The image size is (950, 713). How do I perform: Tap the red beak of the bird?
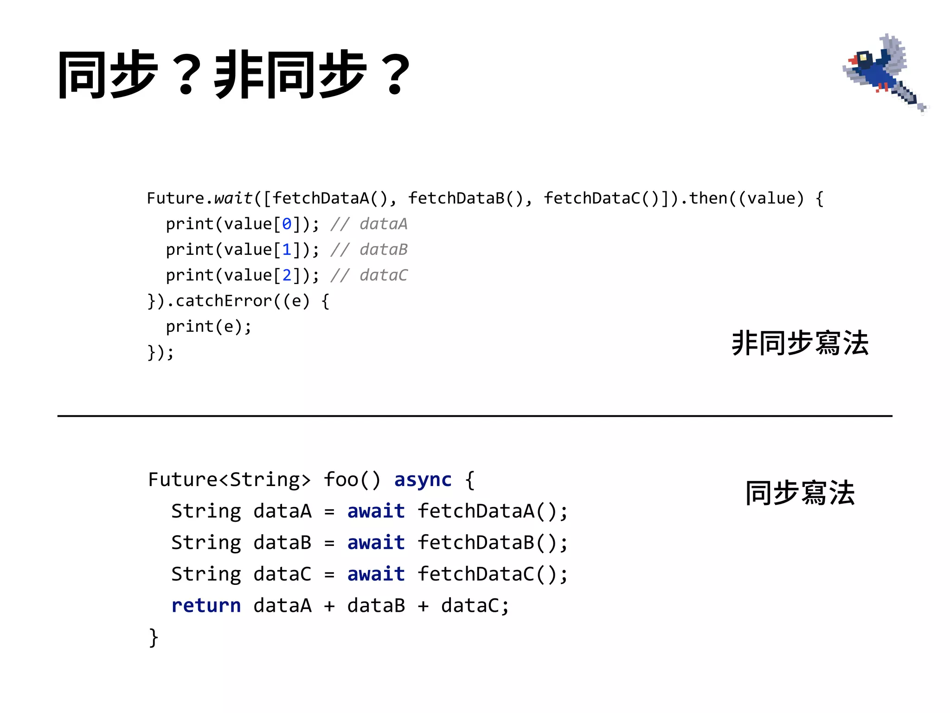coord(853,60)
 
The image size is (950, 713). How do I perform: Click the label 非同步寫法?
coord(800,344)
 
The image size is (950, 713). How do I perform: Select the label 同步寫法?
coord(800,493)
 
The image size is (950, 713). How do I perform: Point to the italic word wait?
coord(233,198)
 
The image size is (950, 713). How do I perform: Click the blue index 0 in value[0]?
coord(287,224)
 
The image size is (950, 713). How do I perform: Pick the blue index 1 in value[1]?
coord(287,250)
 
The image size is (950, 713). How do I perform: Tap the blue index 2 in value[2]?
coord(287,275)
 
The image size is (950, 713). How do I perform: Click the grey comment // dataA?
coord(369,224)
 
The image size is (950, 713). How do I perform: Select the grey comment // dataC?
coord(369,275)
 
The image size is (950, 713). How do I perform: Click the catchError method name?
coord(224,301)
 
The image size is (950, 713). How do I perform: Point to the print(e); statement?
coord(209,327)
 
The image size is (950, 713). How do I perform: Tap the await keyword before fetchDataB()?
coord(376,543)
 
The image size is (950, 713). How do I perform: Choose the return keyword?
coord(206,606)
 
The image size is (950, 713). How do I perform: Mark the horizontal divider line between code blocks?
coord(475,416)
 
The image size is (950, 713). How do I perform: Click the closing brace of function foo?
coord(154,637)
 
